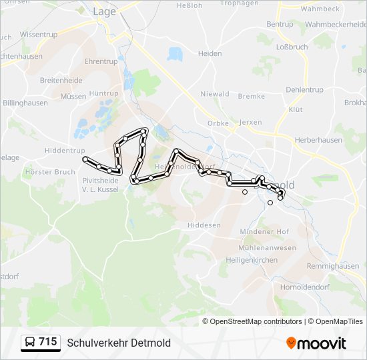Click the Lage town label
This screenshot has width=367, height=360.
[104, 11]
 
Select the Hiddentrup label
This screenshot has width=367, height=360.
[65, 151]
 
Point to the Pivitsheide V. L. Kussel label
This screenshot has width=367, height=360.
[100, 185]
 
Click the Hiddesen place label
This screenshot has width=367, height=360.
[204, 225]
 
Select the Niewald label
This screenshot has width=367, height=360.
[215, 94]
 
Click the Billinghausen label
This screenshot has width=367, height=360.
[26, 104]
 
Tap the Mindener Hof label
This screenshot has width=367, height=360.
[264, 231]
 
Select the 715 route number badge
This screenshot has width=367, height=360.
[47, 342]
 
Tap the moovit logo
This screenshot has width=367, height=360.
[316, 343]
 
